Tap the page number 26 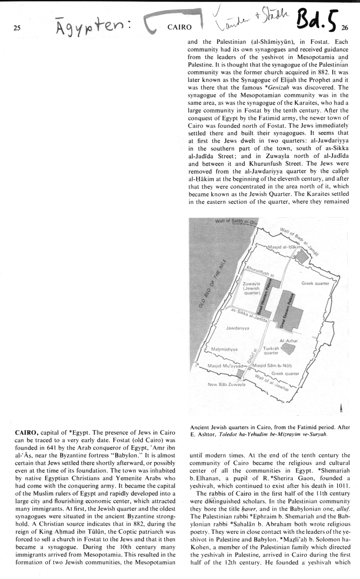[x=345, y=27]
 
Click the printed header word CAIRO [x=179, y=27]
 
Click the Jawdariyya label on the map [x=238, y=328]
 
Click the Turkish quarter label [x=271, y=351]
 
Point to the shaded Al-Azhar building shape [x=288, y=348]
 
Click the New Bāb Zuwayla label [x=226, y=385]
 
